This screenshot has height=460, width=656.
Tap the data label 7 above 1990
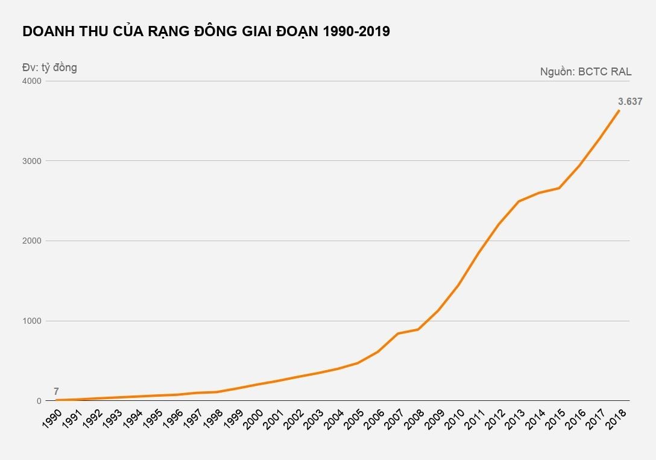point(56,391)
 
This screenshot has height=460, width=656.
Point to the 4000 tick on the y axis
point(33,81)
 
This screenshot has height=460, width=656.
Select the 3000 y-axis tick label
point(33,161)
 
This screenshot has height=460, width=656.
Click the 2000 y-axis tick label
point(33,241)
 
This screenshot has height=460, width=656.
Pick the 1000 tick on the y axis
point(33,321)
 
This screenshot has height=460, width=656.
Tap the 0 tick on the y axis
point(38,401)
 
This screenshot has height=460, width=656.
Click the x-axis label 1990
point(53,419)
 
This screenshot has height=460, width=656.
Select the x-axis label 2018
point(616,419)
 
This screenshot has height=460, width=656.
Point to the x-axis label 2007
point(395,419)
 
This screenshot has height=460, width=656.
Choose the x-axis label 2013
point(516,419)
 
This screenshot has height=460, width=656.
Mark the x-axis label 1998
point(214,419)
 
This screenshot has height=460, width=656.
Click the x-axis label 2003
point(315,419)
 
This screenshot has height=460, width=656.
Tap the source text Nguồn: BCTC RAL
point(585,72)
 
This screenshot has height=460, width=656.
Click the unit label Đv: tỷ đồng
point(49,68)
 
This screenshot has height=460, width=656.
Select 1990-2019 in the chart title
point(356,32)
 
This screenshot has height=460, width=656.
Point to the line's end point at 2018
point(619,110)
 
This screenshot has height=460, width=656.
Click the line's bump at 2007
point(398,333)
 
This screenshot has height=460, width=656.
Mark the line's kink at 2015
point(559,188)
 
